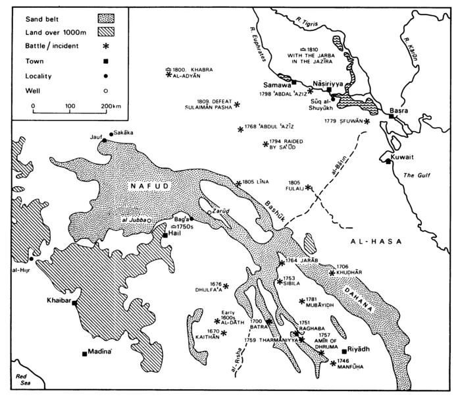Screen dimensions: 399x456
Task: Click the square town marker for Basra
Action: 391,115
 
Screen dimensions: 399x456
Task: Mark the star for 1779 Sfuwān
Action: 367,121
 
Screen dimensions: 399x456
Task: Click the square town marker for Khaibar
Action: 74,304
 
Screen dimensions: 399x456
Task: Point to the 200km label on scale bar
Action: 113,105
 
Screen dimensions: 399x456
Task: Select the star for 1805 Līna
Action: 238,183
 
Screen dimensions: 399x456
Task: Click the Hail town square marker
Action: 165,234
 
